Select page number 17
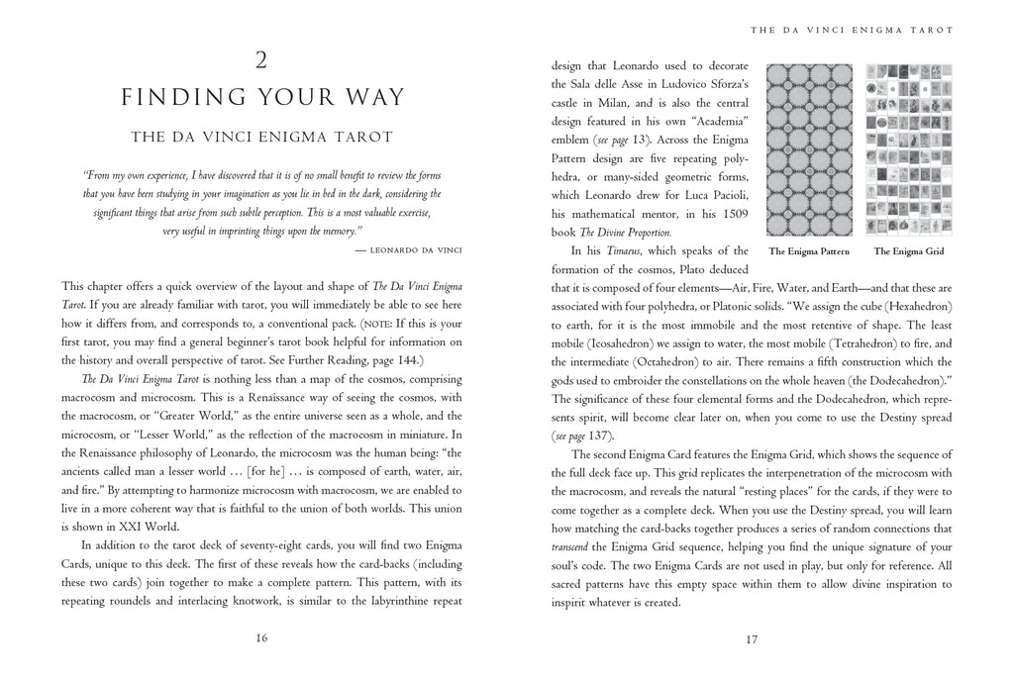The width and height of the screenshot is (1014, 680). point(752,638)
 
